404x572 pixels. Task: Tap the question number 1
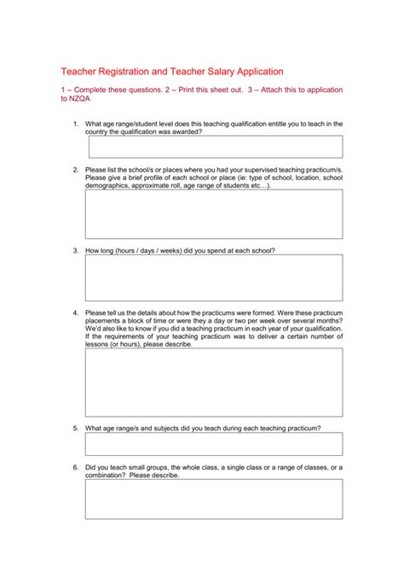(x=75, y=124)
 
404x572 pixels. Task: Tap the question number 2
(x=75, y=170)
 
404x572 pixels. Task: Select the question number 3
(x=75, y=251)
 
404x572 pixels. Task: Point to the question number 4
(x=75, y=312)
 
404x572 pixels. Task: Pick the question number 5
(x=75, y=428)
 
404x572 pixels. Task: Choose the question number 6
(x=75, y=467)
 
